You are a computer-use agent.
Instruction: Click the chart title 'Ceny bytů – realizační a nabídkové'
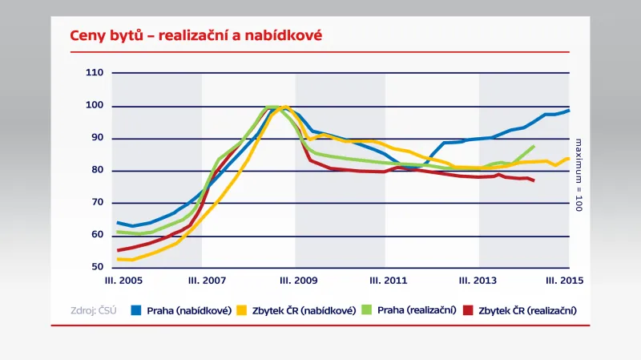pyautogui.click(x=196, y=36)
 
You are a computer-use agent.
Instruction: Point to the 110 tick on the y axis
pyautogui.click(x=95, y=73)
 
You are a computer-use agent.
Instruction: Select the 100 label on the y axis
pyautogui.click(x=95, y=106)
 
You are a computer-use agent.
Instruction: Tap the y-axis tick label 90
pyautogui.click(x=96, y=138)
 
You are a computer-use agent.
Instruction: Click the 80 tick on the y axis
pyautogui.click(x=96, y=170)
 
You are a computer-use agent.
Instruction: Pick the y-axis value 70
pyautogui.click(x=96, y=203)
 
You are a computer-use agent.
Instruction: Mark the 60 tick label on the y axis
pyautogui.click(x=96, y=235)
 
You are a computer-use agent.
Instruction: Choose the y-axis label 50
pyautogui.click(x=96, y=267)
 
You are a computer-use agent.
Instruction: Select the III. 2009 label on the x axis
pyautogui.click(x=296, y=281)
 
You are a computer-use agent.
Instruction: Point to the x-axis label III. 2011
pyautogui.click(x=387, y=281)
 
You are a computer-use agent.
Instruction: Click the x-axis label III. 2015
pyautogui.click(x=565, y=281)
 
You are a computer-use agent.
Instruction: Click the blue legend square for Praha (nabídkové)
pyautogui.click(x=136, y=310)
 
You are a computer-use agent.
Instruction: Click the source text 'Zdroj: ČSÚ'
pyautogui.click(x=93, y=310)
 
